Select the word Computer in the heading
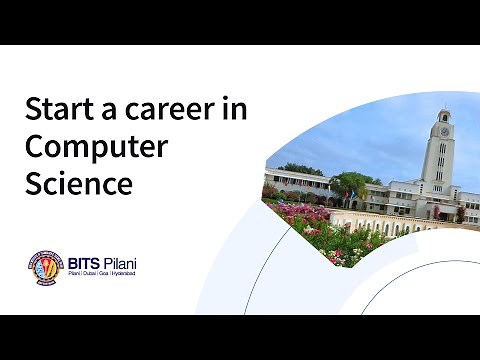pyautogui.click(x=96, y=146)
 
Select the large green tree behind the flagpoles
pyautogui.click(x=350, y=185)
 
